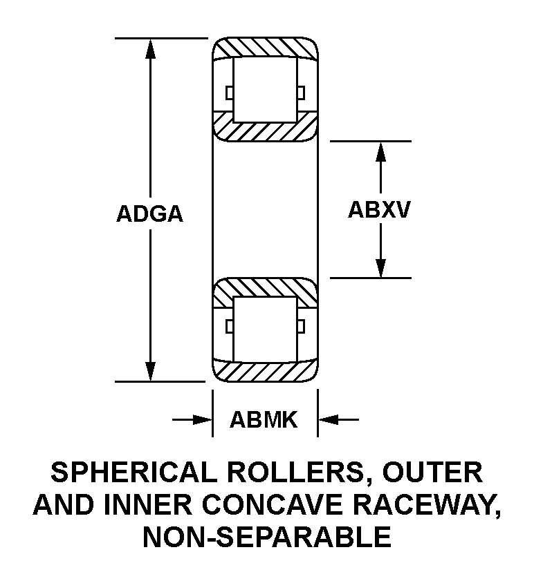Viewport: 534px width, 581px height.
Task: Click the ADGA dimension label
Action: [x=149, y=214]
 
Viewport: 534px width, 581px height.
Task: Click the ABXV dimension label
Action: [x=379, y=209]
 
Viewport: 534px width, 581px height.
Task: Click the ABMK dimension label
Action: [x=264, y=419]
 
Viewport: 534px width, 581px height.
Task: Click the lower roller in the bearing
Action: [x=265, y=329]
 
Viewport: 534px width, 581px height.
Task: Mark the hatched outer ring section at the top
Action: [x=265, y=48]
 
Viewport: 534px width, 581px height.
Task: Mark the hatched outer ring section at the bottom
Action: [x=265, y=372]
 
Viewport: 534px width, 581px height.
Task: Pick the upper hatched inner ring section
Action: [x=265, y=126]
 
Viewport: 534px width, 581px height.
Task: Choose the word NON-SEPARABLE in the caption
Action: [x=266, y=536]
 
